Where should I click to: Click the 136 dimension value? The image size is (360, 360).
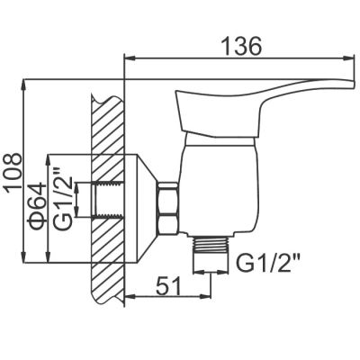[241, 47]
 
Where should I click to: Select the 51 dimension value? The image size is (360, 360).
[168, 285]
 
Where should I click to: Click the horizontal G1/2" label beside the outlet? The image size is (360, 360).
[264, 263]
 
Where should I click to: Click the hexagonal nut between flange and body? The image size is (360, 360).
[168, 208]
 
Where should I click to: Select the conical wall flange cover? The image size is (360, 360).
[141, 208]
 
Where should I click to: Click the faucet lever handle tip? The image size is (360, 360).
[351, 84]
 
